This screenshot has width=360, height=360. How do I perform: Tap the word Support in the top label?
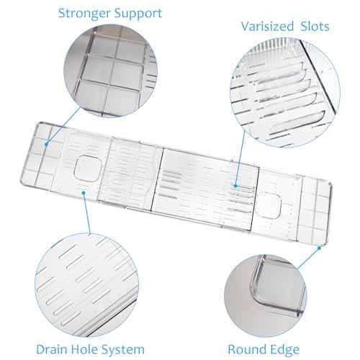tap(138, 14)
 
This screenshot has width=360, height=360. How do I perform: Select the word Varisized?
tap(267, 26)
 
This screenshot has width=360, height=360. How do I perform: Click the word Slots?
tap(315, 26)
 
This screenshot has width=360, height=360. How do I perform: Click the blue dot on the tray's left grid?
tap(46, 144)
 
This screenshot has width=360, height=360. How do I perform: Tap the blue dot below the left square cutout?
tap(84, 193)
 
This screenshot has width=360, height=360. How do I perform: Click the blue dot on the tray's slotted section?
tap(235, 186)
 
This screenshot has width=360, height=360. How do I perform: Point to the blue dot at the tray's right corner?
tap(319, 248)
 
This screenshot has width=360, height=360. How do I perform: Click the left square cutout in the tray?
tap(87, 168)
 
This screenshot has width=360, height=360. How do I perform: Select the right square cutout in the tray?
tap(268, 206)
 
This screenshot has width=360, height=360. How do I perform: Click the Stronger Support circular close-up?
tap(110, 71)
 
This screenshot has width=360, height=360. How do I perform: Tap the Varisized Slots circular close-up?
tap(285, 92)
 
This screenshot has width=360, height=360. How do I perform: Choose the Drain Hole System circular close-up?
tap(87, 285)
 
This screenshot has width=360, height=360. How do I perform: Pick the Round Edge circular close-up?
tap(266, 296)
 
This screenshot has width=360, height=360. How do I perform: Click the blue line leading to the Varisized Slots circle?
tap(240, 158)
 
